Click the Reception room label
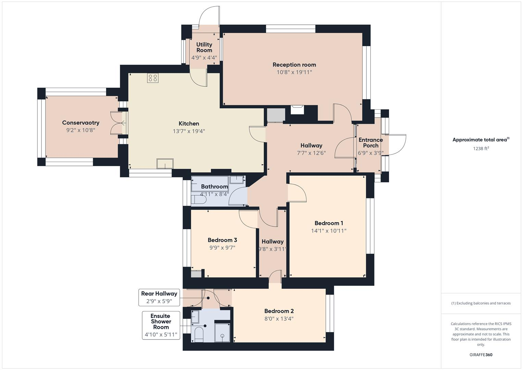point(294,65)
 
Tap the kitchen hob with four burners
point(153,78)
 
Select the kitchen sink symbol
point(165,164)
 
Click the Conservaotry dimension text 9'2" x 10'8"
point(80,130)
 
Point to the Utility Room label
point(204,47)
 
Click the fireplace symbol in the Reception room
point(297,110)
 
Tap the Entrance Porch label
point(371,143)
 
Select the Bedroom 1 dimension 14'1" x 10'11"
point(328,231)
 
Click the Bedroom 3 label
point(222,240)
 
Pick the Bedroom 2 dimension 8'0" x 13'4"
point(279,319)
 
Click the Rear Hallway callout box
point(159,297)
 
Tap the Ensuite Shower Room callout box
point(161,325)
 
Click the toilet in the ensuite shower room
point(199,334)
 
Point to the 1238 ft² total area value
point(481,148)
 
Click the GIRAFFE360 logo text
point(481,355)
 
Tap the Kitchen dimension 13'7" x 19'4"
point(189,131)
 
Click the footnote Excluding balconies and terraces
point(481,303)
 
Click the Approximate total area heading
point(481,140)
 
